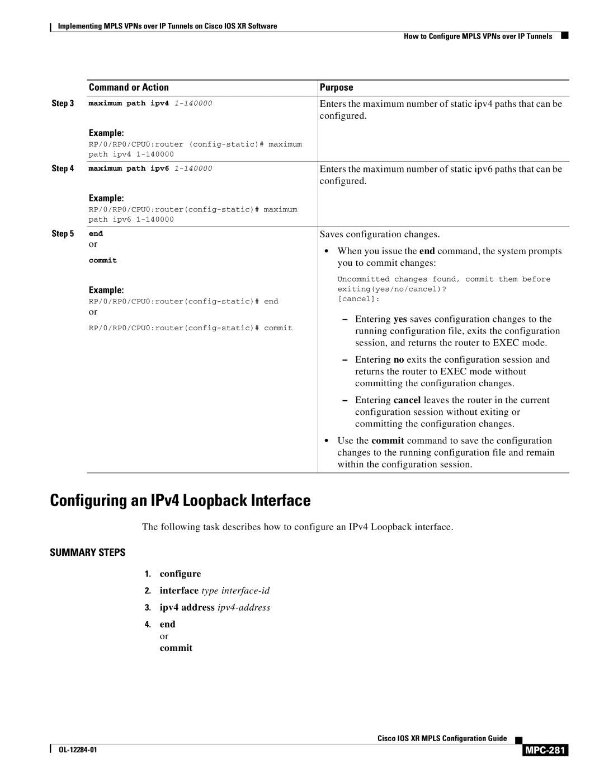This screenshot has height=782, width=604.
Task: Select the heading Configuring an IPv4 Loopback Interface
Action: click(x=180, y=500)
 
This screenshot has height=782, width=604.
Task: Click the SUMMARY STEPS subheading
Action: click(x=88, y=552)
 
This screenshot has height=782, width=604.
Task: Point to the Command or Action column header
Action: click(x=129, y=87)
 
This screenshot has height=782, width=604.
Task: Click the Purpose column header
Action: click(x=336, y=87)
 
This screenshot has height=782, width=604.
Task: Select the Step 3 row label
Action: click(x=63, y=104)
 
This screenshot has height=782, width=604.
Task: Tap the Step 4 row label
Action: click(x=63, y=168)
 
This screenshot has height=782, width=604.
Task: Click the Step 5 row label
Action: click(x=63, y=233)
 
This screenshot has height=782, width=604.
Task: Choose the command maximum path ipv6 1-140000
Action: click(x=150, y=168)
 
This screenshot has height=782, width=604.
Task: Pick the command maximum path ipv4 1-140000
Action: click(x=150, y=104)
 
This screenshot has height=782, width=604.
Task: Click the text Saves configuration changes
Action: click(x=379, y=234)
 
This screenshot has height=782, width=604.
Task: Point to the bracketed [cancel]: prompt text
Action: click(x=358, y=299)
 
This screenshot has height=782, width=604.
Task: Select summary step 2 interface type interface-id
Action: click(x=215, y=591)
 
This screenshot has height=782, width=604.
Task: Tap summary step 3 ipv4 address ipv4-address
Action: click(x=215, y=607)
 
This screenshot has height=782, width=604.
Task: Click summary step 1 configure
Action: click(x=180, y=574)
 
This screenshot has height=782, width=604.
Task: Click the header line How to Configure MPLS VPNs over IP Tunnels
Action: click(x=478, y=36)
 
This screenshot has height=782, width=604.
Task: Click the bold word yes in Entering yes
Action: click(x=400, y=319)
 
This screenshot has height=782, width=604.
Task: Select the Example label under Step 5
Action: click(x=106, y=290)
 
